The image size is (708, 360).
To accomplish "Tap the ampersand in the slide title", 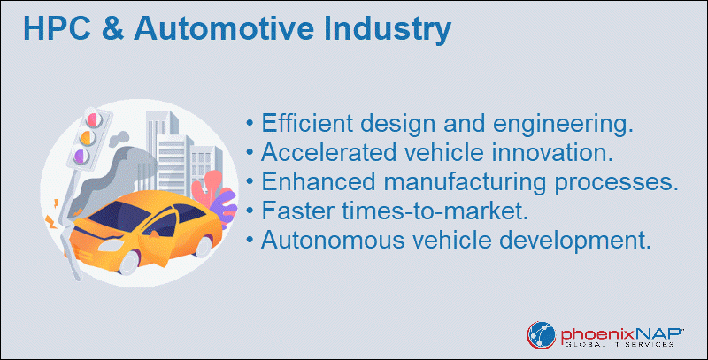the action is click(x=112, y=28).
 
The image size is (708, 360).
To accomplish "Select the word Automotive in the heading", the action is click(x=224, y=28).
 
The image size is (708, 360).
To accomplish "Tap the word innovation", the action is click(x=552, y=152).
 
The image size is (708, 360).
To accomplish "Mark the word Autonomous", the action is click(x=333, y=240).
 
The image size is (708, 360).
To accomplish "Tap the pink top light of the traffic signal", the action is click(x=94, y=120).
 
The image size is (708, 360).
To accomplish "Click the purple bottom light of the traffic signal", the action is click(x=81, y=157).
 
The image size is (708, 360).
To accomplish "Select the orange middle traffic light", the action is click(x=87, y=138).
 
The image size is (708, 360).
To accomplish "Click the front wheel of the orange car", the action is click(x=129, y=263).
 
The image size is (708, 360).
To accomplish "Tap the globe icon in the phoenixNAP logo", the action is click(x=541, y=335).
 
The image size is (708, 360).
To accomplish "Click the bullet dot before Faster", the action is click(x=250, y=211).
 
